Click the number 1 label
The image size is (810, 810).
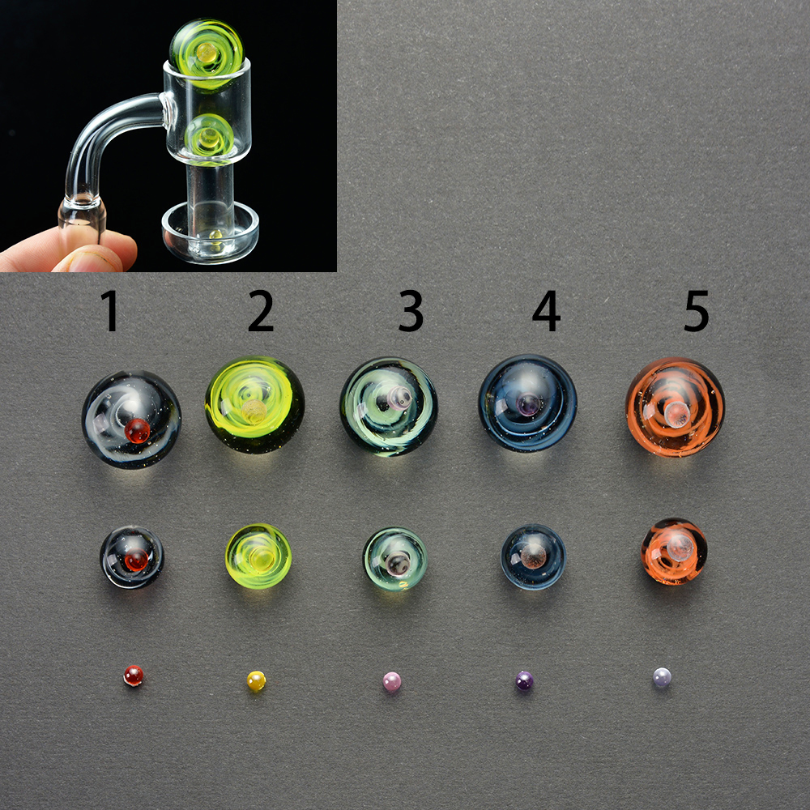click(x=110, y=310)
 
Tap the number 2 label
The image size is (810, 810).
click(x=261, y=310)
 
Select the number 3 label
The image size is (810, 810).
click(x=411, y=310)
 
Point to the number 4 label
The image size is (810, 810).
click(x=547, y=310)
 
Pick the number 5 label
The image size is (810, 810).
click(x=697, y=310)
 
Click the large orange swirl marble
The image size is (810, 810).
click(x=676, y=407)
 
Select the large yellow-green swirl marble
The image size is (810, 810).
click(x=254, y=405)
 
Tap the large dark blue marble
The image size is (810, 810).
click(x=527, y=403)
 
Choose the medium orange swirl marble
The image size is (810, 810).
click(x=674, y=551)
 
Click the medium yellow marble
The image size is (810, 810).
click(x=258, y=556)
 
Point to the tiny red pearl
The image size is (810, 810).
click(x=134, y=676)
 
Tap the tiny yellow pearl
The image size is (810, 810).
click(x=256, y=681)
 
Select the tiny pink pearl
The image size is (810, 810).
click(x=392, y=681)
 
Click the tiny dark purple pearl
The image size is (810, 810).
click(x=524, y=680)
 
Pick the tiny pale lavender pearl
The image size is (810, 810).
click(x=662, y=677)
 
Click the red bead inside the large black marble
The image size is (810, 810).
click(x=138, y=431)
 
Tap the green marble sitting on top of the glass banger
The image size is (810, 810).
click(x=206, y=54)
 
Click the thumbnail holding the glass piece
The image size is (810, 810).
click(x=93, y=259)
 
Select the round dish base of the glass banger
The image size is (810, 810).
click(x=211, y=232)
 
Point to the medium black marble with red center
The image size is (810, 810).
click(x=132, y=557)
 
